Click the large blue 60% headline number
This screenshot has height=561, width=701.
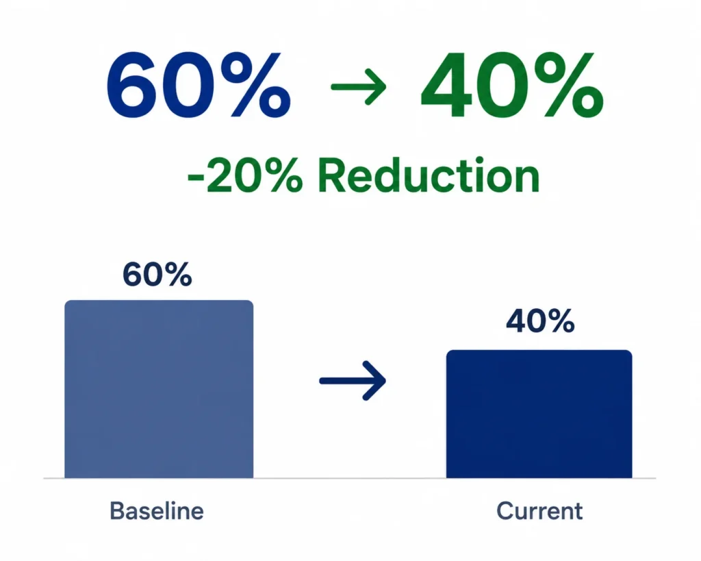click(199, 84)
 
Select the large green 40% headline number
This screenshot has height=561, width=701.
click(512, 84)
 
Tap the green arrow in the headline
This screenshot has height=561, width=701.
click(359, 86)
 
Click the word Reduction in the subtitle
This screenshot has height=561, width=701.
click(429, 176)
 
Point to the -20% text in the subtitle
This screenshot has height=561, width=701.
click(245, 176)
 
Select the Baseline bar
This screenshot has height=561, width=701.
click(159, 389)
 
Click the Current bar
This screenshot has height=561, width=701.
click(539, 414)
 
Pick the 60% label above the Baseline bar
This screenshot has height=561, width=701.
click(157, 274)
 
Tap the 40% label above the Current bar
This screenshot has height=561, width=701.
click(540, 321)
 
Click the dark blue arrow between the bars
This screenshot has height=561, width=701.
click(353, 381)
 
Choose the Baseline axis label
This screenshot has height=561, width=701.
click(157, 511)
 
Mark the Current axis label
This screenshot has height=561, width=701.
click(539, 511)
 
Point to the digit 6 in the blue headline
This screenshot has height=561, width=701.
click(133, 85)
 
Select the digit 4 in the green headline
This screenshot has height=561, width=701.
click(449, 85)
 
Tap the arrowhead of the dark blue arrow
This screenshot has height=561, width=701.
click(374, 381)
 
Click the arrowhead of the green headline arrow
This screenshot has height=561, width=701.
click(376, 86)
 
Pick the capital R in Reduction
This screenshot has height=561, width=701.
click(333, 176)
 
